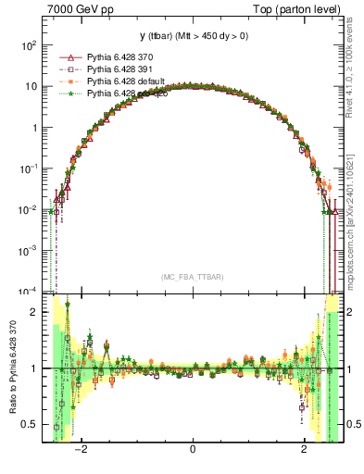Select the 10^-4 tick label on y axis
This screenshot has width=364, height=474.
[x=29, y=291]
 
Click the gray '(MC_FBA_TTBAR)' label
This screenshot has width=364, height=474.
[x=192, y=277]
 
